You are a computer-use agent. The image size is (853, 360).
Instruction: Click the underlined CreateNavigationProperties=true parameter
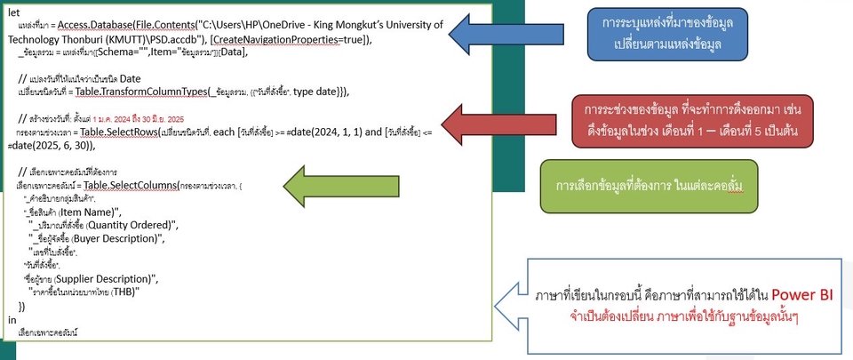279,40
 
